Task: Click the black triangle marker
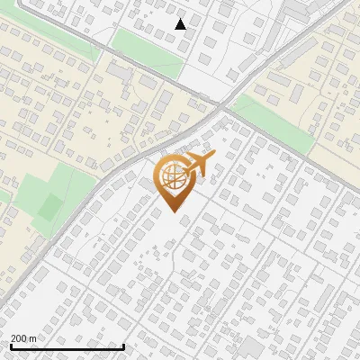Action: (x=181, y=24)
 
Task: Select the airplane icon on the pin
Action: (x=198, y=166)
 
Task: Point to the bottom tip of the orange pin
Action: (x=171, y=211)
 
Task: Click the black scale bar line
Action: (x=67, y=346)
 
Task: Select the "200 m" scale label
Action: (x=23, y=337)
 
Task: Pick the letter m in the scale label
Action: (x=33, y=337)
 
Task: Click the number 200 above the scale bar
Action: (x=19, y=337)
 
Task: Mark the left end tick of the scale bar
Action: (x=11, y=345)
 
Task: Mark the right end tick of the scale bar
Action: (x=123, y=345)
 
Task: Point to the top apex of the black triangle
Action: (x=181, y=19)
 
